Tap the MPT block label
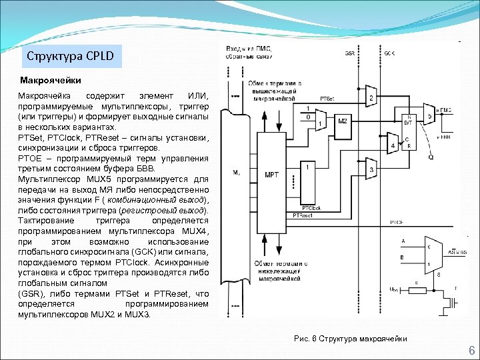(x=272, y=175)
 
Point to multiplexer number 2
(x=371, y=99)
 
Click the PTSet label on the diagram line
(x=327, y=98)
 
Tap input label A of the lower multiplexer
(x=402, y=239)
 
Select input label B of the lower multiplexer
(x=402, y=257)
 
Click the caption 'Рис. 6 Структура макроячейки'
(x=350, y=339)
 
